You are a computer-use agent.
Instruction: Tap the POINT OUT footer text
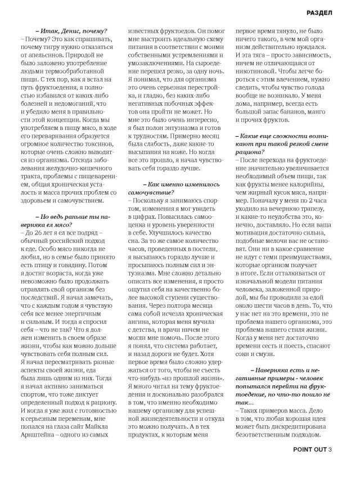[x=310, y=465]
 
